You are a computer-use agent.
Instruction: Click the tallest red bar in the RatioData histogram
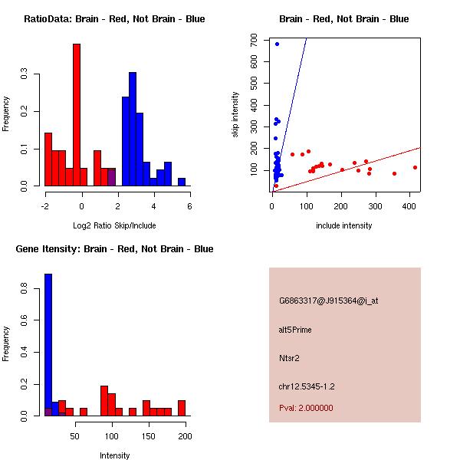click(x=77, y=115)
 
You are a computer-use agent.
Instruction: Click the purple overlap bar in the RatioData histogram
click(x=111, y=177)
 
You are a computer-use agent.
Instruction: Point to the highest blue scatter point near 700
click(x=277, y=44)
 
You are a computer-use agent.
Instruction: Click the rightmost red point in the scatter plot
click(x=415, y=167)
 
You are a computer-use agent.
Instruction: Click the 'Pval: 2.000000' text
click(x=306, y=408)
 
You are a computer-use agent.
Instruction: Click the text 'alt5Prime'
click(x=295, y=330)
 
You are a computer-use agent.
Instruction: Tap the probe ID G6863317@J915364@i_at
click(x=328, y=301)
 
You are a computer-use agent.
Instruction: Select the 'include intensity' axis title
click(x=343, y=225)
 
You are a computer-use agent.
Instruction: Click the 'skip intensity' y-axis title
click(x=236, y=115)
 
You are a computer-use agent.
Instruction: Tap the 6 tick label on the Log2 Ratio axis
click(x=189, y=205)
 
